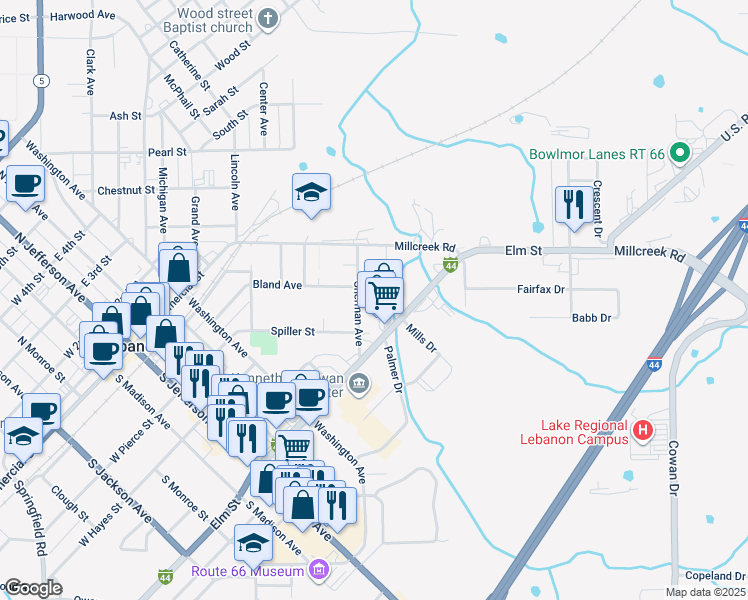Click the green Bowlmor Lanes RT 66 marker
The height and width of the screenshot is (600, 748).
680,154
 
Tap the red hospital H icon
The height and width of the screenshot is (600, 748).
644,430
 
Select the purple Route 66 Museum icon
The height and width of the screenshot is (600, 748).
318,571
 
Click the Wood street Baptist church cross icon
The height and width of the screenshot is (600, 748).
267,18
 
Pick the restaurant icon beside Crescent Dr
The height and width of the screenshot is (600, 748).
572,205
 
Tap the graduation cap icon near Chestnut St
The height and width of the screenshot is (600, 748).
311,192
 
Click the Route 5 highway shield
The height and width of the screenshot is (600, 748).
41,80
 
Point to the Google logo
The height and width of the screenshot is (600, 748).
33,588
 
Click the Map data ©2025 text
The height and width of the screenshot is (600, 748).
704,592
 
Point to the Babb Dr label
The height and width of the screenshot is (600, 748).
591,318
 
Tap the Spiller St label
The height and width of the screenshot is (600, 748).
293,331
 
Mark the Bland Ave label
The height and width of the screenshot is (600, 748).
277,285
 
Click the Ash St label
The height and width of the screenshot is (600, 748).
125,116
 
